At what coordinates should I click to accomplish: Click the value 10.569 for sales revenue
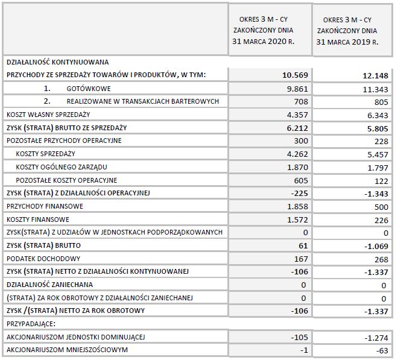[x=295, y=75]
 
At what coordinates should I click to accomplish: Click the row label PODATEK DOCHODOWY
[x=37, y=257]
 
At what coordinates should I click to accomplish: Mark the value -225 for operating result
[x=299, y=192]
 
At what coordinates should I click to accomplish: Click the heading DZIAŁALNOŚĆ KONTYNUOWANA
[x=57, y=62]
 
